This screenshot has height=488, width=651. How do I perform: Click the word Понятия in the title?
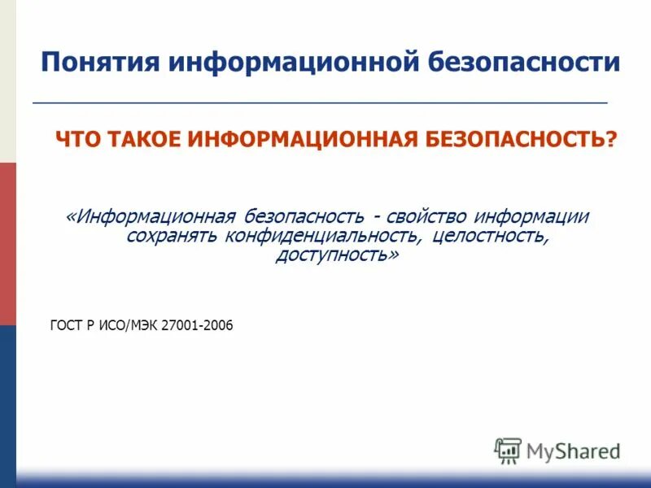pos(91,63)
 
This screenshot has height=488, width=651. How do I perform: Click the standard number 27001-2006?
pos(198,325)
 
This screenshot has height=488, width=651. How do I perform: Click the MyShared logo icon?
pos(507,450)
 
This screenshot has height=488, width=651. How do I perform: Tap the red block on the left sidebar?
pos(8,244)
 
